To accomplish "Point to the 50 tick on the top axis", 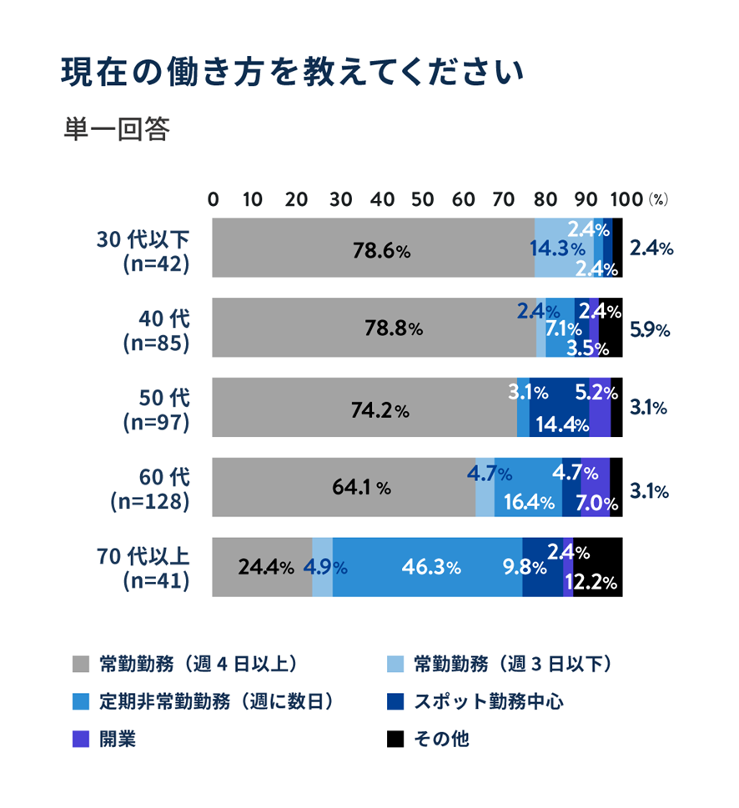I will pos(423,199).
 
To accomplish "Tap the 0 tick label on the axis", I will pos(214,199).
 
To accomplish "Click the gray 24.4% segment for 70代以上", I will pos(262,568).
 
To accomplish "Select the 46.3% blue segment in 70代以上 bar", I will pos(427,568).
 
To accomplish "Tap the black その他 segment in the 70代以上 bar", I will pos(597,568).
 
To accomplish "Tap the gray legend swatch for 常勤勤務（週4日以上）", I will pos(81,665).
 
